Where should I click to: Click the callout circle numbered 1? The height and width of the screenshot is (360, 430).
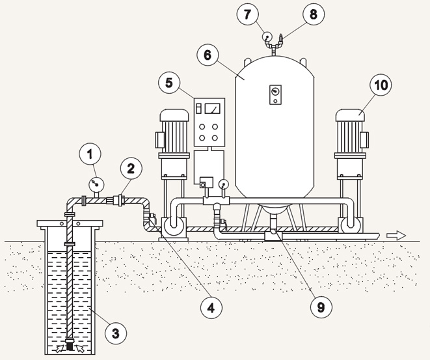pos(90,154)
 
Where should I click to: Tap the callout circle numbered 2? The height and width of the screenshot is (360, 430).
pos(131,168)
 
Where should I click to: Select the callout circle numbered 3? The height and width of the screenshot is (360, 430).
pos(116,334)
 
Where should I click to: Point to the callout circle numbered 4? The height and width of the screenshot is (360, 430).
pos(211,308)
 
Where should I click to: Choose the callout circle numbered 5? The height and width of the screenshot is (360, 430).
pos(169,83)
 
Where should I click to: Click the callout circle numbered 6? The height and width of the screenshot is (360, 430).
pos(208,55)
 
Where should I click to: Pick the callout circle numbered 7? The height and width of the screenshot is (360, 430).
pos(247,14)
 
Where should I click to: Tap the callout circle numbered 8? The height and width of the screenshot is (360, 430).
pos(314,14)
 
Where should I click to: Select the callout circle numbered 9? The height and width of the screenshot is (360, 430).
pos(321,307)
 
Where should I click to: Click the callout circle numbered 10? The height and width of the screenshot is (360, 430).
pos(381,85)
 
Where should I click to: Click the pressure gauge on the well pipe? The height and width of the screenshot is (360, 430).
pos(96,184)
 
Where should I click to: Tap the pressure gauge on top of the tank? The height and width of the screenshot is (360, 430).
pos(267,36)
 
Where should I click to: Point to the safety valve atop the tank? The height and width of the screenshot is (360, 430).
pos(280,38)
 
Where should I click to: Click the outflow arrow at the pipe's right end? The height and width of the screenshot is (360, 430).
pos(396,236)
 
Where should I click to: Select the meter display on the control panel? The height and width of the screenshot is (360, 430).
pos(212,108)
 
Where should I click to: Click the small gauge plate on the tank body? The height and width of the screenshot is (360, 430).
pos(275,94)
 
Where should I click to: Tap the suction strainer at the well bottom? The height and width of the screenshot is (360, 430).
pos(70,344)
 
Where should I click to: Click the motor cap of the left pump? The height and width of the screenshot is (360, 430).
pos(174,115)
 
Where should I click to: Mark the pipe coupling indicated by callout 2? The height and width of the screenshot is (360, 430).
pos(119,200)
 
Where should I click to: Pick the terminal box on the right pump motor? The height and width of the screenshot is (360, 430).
pos(365,140)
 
